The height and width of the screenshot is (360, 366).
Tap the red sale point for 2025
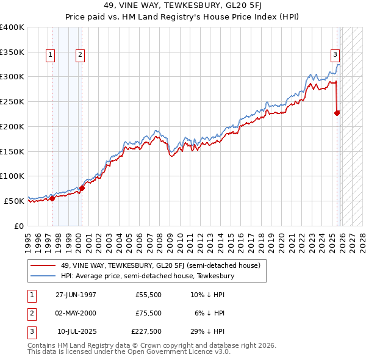(337, 112)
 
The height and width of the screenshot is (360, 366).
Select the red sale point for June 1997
(52, 198)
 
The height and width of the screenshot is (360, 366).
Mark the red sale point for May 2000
(82, 188)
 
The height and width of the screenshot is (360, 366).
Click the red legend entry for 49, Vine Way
(160, 265)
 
